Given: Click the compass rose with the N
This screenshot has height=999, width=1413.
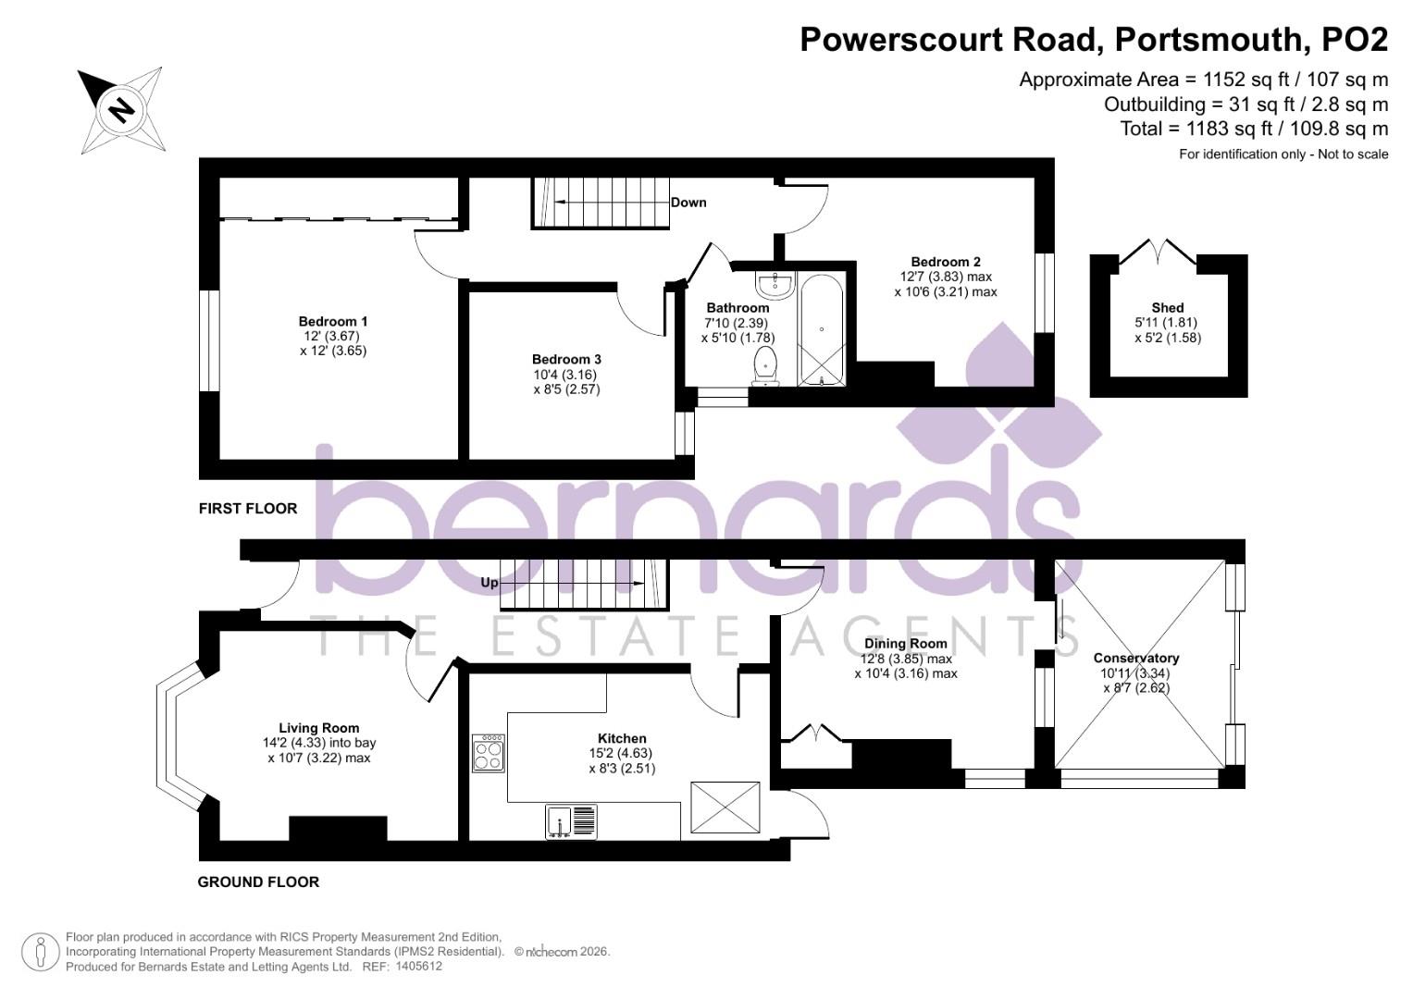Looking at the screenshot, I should coord(121,111).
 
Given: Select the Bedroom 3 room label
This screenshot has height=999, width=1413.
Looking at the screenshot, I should coord(566,359).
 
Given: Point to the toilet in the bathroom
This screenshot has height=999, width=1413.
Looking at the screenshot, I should coord(766,364).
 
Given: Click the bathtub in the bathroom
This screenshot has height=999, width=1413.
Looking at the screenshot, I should coord(822,329).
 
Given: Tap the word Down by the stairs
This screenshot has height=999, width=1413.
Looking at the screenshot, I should coord(688,203).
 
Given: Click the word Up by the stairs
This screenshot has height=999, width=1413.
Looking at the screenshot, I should coord(490,583).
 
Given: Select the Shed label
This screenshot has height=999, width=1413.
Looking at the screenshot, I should coord(1168,307).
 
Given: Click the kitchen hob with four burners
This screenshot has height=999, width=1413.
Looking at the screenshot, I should coord(489,753).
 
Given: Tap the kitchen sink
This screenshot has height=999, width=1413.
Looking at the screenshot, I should coord(572,821).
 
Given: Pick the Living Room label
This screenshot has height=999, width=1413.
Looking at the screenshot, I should coord(319,728).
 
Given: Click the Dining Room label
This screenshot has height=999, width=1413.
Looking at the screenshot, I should coord(906,643).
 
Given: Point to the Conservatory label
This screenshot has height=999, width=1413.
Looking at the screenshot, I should coord(1136,658).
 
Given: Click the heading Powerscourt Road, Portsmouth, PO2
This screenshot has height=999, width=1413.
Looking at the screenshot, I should coord(1094,40).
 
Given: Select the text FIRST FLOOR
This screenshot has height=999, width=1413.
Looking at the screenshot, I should coord(248,508).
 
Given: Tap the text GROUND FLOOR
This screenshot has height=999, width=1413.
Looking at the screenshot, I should coord(258,882).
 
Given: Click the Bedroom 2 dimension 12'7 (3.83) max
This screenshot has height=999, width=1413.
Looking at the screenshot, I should coord(946,277).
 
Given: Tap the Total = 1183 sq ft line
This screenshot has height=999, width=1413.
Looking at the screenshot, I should coord(1254,129).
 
